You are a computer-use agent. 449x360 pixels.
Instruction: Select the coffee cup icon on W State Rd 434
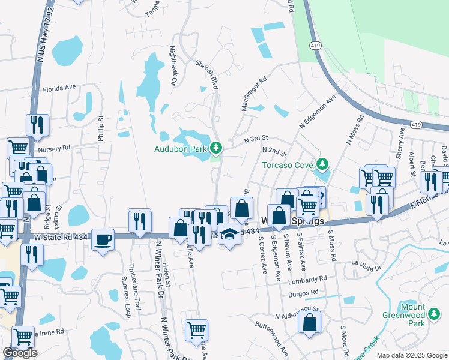pyautogui.click(x=104, y=239)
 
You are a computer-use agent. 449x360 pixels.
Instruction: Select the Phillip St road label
pyautogui.click(x=100, y=129)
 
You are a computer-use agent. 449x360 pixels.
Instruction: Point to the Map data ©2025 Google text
pyautogui.click(x=412, y=355)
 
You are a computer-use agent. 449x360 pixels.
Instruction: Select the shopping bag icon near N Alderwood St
pyautogui.click(x=310, y=322)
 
